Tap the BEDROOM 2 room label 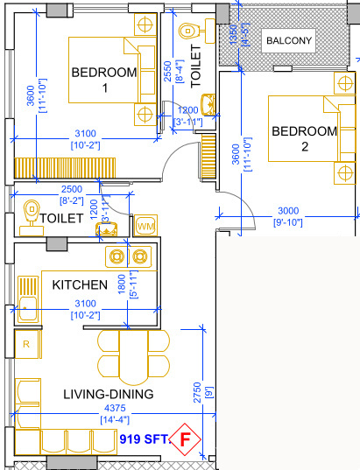pyautogui.click(x=304, y=139)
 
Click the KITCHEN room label pyautogui.click(x=80, y=285)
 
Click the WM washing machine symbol pyautogui.click(x=145, y=226)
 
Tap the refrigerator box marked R pyautogui.click(x=25, y=343)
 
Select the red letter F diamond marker pyautogui.click(x=185, y=438)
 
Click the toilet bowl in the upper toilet pyautogui.click(x=187, y=32)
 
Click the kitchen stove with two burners pyautogui.click(x=128, y=256)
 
